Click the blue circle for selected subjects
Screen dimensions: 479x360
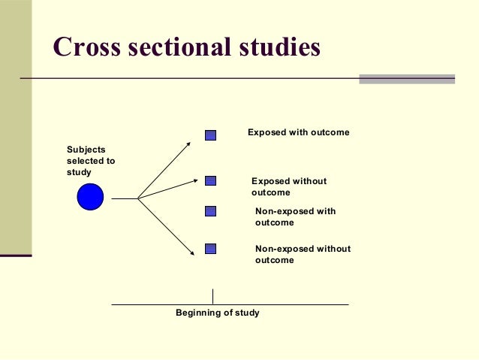90,197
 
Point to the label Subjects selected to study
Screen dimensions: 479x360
91,161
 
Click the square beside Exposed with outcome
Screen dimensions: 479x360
210,135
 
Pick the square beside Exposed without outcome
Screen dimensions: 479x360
210,180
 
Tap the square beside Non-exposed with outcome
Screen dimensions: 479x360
210,211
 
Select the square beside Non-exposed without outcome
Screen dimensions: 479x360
210,249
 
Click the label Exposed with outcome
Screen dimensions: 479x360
299,132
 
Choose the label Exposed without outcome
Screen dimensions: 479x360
289,186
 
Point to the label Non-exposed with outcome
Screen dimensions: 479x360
295,216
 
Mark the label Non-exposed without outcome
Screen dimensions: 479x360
303,254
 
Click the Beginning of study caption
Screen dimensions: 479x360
217,313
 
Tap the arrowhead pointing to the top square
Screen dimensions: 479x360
189,141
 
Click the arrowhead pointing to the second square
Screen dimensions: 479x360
191,181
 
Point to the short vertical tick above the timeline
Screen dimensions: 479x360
212,296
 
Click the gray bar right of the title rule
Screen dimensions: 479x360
407,78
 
